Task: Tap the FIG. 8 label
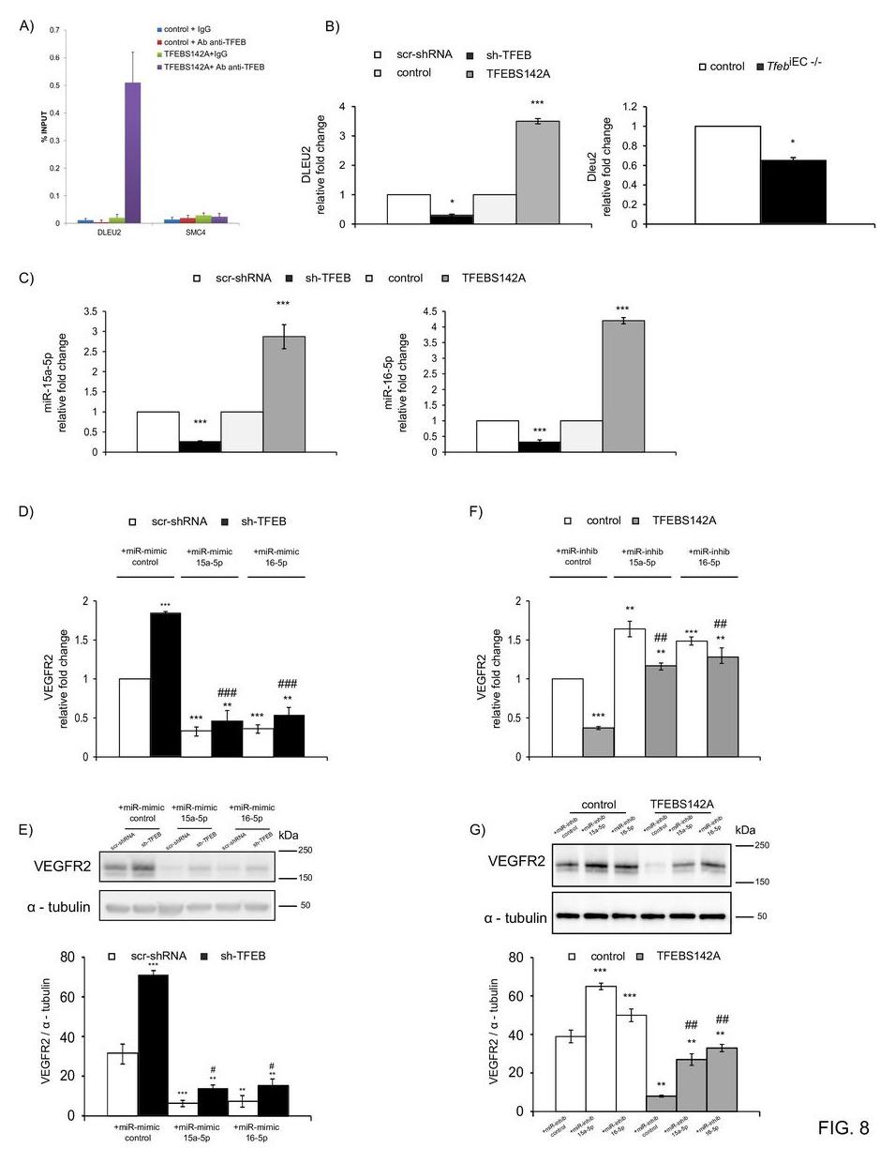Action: coord(843,1127)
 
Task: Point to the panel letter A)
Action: coord(26,25)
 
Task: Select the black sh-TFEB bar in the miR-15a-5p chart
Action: coord(200,446)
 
